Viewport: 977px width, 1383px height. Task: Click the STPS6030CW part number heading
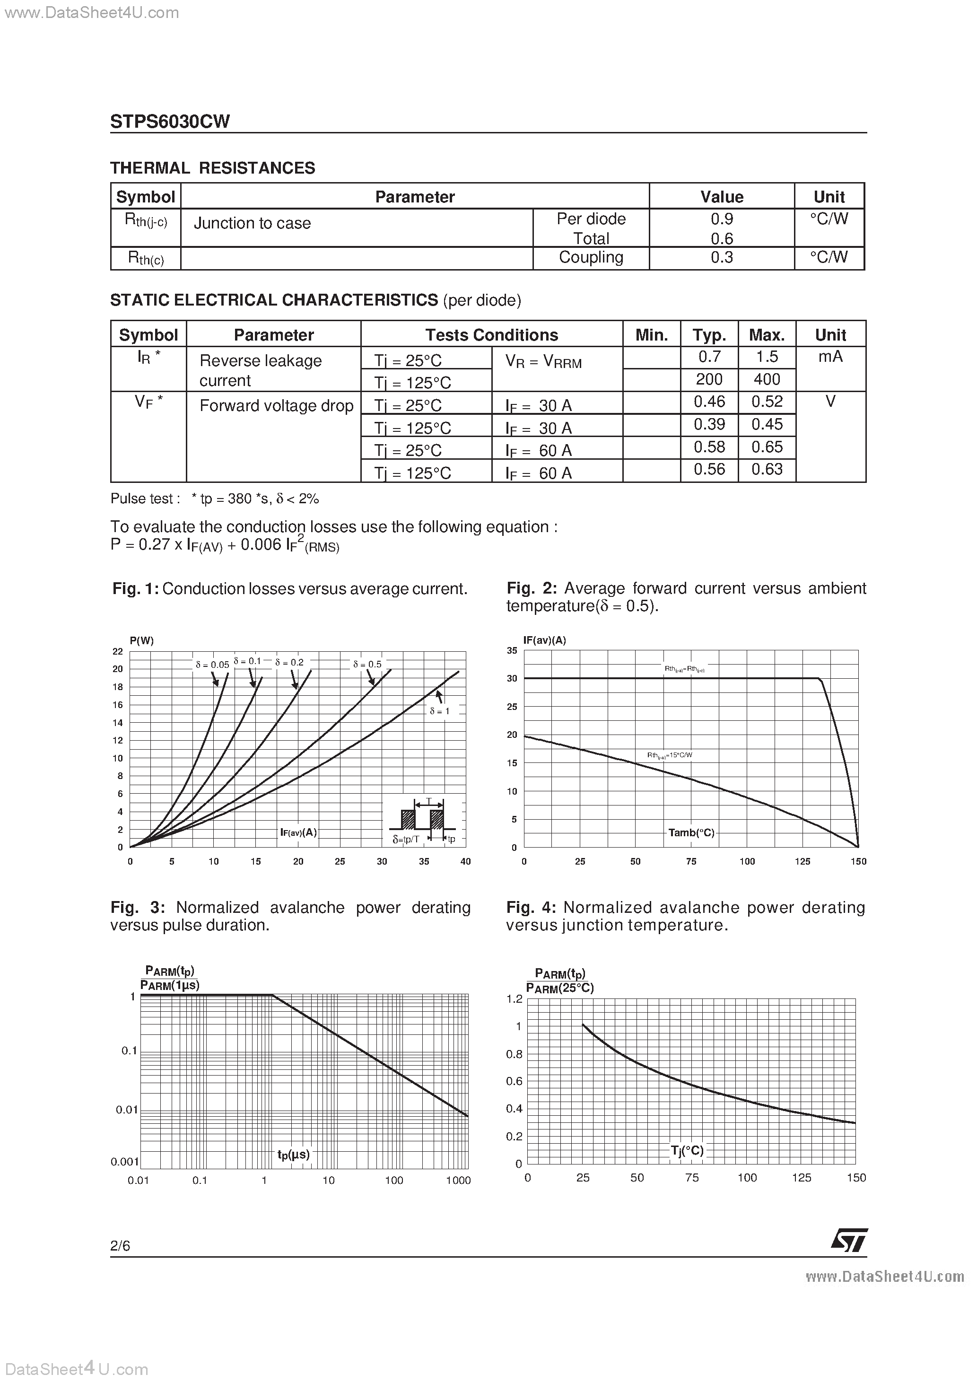coord(170,122)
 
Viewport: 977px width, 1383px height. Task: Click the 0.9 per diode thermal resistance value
coord(721,219)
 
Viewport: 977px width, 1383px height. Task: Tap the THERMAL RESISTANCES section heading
coord(213,168)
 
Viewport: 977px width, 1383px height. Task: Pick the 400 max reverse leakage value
coord(766,379)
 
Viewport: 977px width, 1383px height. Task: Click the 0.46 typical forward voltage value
coord(709,402)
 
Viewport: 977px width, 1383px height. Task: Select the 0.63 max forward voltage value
coord(766,469)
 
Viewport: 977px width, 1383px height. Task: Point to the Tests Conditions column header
coord(491,335)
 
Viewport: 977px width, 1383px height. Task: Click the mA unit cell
coord(830,357)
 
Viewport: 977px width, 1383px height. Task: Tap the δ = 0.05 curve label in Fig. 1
coord(212,665)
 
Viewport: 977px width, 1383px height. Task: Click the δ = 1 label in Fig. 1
coord(440,711)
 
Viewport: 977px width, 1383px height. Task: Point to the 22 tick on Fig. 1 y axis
coord(117,651)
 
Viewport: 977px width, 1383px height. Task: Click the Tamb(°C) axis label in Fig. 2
coord(691,833)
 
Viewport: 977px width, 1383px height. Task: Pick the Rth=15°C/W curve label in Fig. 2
coord(669,755)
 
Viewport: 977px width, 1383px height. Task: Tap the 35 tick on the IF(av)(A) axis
coord(512,650)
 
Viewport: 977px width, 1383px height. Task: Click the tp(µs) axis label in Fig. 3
coord(293,1155)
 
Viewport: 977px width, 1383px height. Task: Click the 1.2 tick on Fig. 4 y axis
coord(515,998)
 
